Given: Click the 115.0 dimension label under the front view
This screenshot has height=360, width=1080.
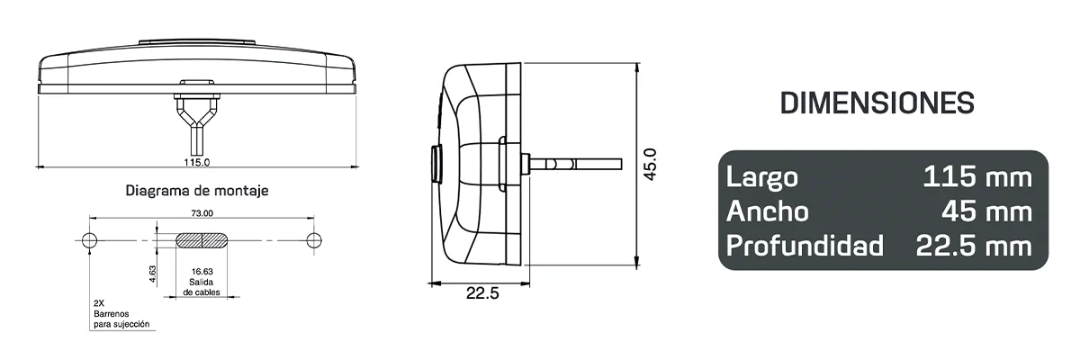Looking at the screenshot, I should (x=197, y=163).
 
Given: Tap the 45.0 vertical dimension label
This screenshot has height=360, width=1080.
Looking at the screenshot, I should (x=651, y=165).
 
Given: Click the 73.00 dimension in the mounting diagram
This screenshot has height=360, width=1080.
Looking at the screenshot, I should (x=202, y=214).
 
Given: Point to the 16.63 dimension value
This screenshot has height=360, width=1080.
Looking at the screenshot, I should (x=202, y=270).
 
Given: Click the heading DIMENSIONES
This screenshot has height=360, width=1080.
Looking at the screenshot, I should (x=877, y=103).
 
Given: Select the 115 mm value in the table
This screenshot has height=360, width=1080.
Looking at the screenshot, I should (x=976, y=177).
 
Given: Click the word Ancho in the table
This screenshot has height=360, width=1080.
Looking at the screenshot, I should (x=767, y=211).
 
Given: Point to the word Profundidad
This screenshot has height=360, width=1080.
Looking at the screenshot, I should (x=805, y=245).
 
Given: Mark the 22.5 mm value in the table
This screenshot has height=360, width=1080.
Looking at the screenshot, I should (x=973, y=245).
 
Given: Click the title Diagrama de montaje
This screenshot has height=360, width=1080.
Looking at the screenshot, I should (x=197, y=191).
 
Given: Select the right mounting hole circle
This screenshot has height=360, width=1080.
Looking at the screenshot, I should (x=313, y=240).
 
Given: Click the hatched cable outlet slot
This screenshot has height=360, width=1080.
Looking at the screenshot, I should (x=202, y=240).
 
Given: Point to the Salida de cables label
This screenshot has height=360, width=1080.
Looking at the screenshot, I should (x=202, y=286).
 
